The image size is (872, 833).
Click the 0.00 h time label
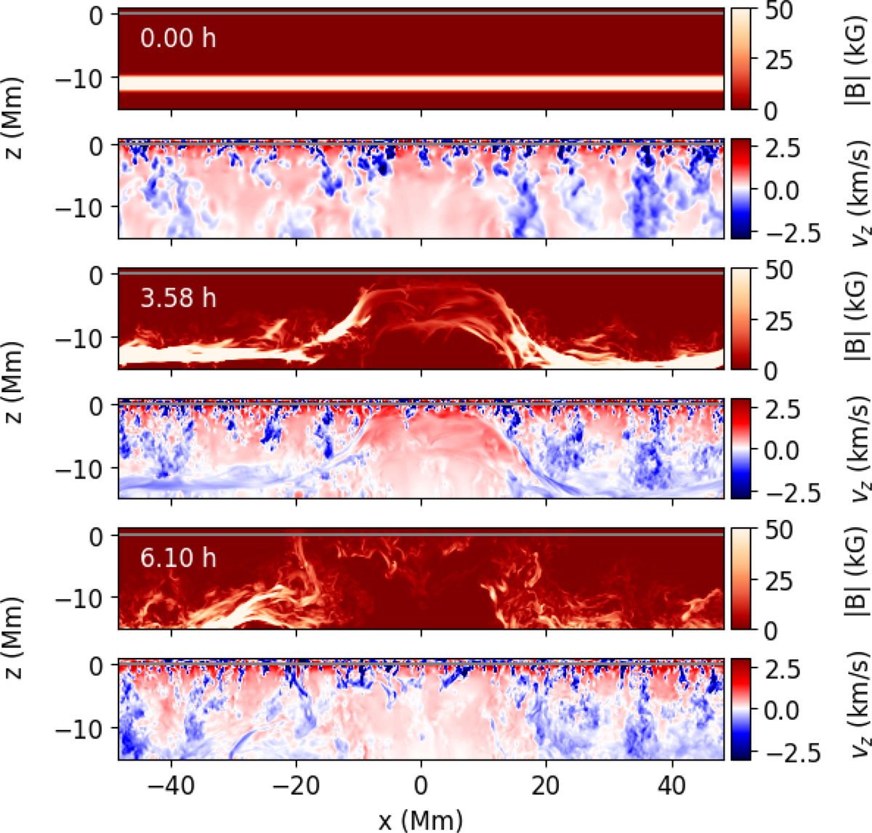pos(177,38)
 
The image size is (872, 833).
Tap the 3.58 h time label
pos(177,298)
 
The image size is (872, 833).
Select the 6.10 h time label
pos(177,558)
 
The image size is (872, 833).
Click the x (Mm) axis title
pos(421,821)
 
